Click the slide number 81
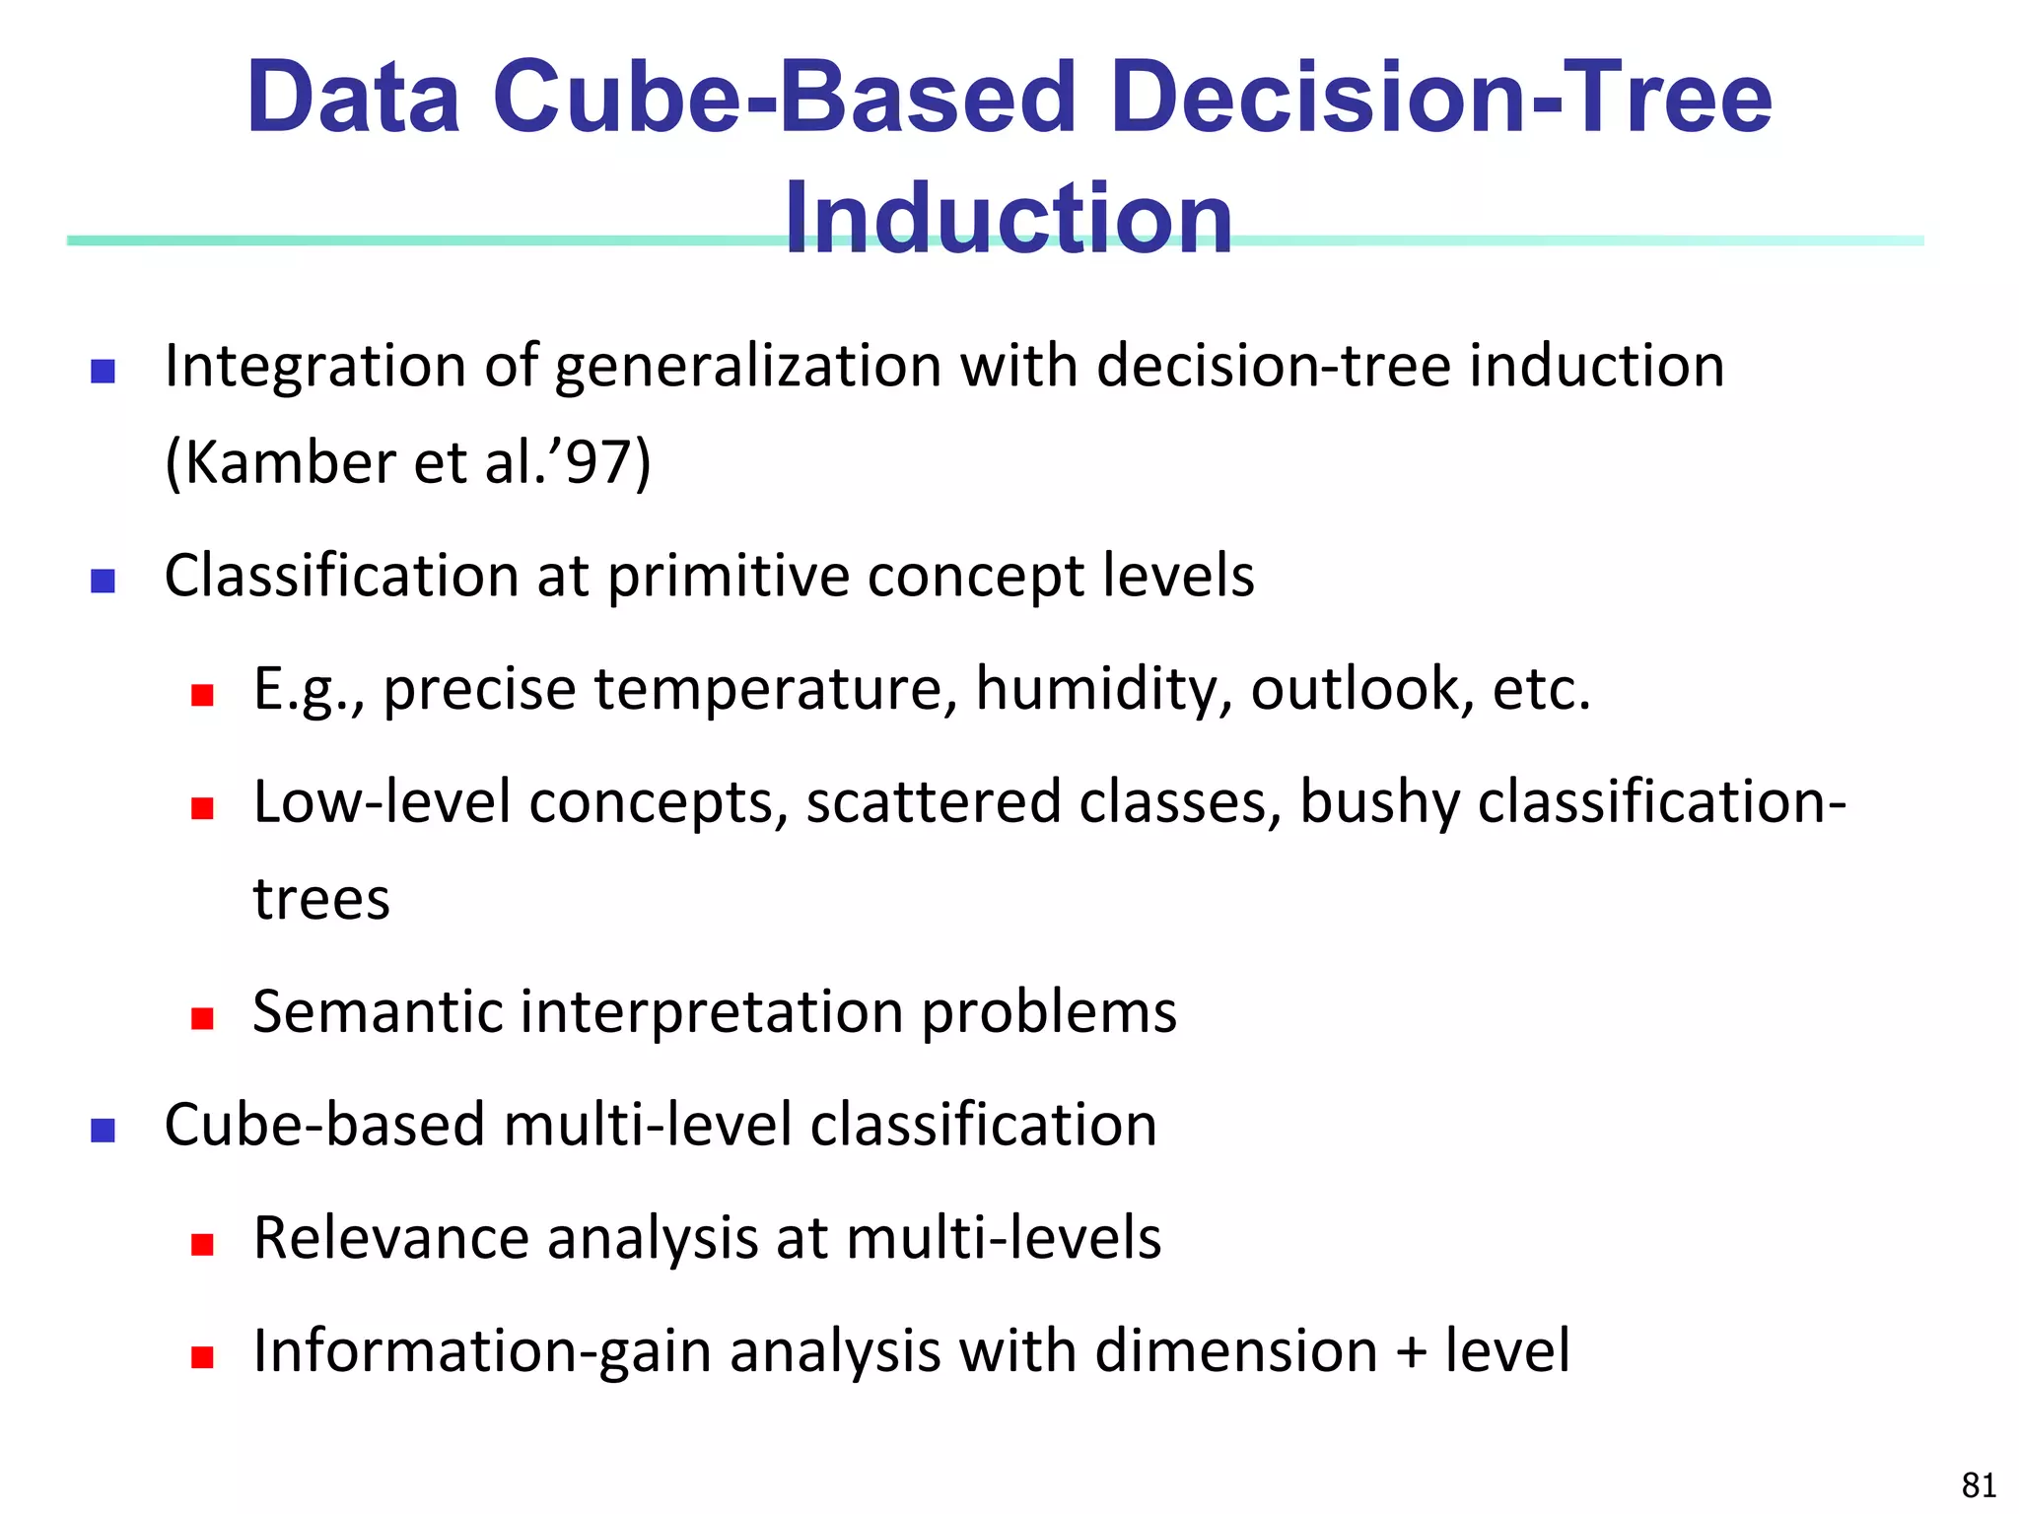point(1979,1484)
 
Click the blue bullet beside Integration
point(103,372)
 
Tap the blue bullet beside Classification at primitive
point(103,582)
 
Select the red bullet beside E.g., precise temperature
point(203,696)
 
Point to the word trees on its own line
point(321,899)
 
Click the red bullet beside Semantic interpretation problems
point(203,1018)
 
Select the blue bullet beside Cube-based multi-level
point(103,1131)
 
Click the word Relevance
point(390,1238)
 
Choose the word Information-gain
point(481,1351)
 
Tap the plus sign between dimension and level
point(1411,1352)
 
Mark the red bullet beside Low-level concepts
point(203,809)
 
